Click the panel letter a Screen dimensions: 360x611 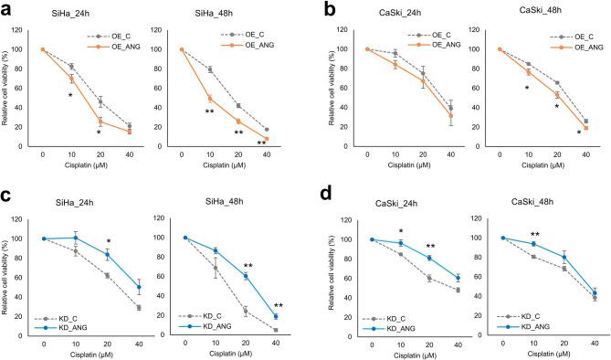(7, 8)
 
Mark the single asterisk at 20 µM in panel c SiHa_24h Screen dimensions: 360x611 (108, 241)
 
